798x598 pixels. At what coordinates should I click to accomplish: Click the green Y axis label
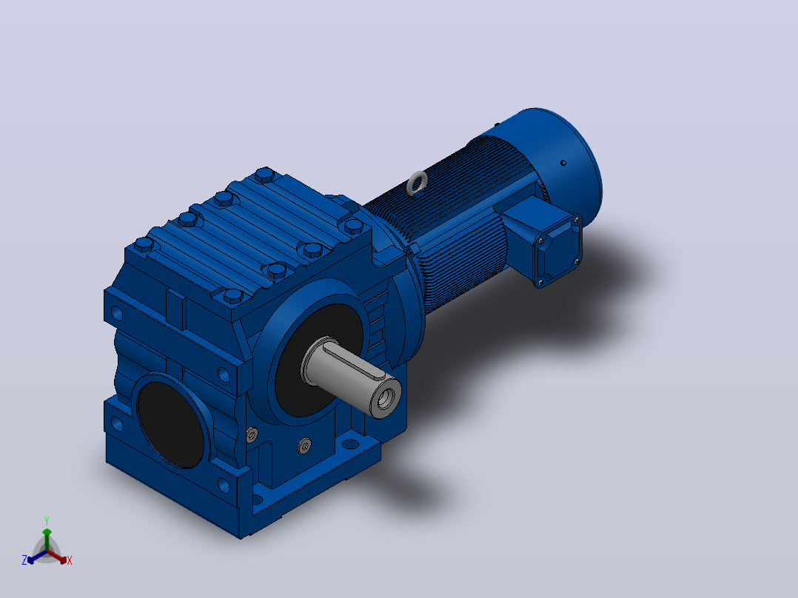click(47, 520)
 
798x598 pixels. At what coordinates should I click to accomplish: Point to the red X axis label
click(70, 560)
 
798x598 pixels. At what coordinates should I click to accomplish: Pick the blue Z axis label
click(24, 560)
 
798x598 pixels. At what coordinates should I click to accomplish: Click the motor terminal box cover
click(558, 249)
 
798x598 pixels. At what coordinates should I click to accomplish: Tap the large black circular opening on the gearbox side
click(172, 425)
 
